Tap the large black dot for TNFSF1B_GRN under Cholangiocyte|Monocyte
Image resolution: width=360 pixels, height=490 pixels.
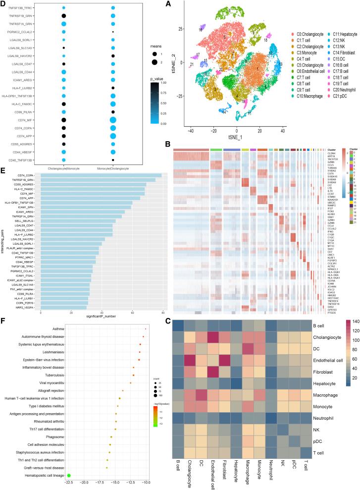(x=64, y=16)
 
